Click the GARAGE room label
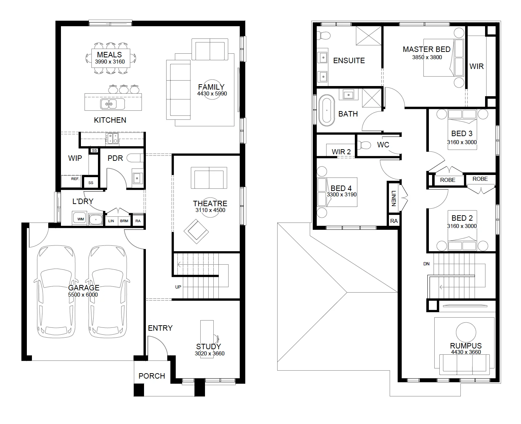(84, 288)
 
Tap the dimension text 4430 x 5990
(212, 93)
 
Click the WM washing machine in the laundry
(81, 219)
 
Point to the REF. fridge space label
(75, 179)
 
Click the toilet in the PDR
(135, 158)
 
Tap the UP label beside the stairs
(178, 287)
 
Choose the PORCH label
(152, 376)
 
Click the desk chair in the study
(216, 339)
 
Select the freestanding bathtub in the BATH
(327, 110)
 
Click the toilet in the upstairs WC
(364, 145)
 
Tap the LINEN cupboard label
(394, 199)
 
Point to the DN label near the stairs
(426, 264)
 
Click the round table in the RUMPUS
(466, 332)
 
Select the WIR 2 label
(341, 152)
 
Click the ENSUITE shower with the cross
(369, 36)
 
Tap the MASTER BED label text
(427, 49)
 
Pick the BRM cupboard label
(124, 221)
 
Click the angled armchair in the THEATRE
(196, 232)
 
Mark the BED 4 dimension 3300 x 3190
(342, 195)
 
